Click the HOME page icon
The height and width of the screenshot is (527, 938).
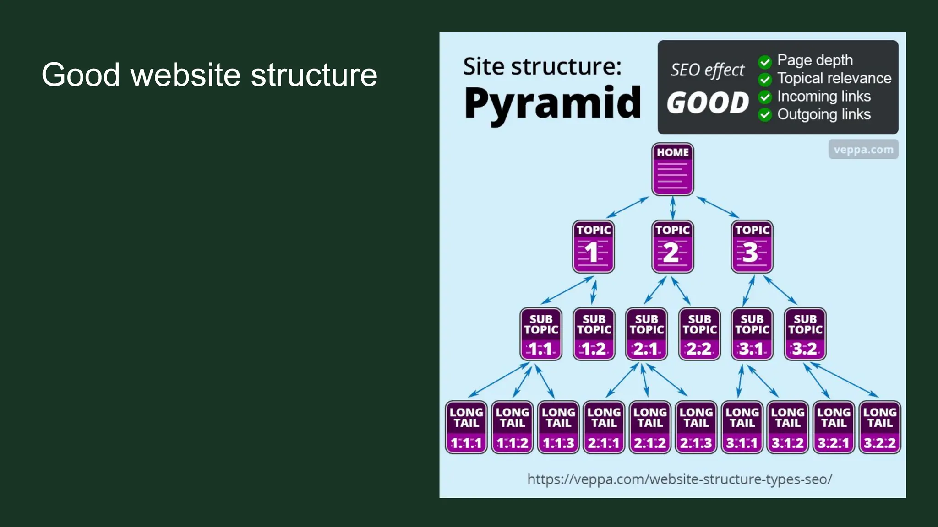tap(672, 169)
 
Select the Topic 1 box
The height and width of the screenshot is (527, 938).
tap(593, 247)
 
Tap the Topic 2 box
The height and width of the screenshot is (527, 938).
tap(672, 247)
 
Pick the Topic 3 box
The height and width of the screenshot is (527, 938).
tap(752, 247)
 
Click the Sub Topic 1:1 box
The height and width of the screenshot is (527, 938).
tap(541, 334)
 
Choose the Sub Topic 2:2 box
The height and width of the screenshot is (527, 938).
tap(699, 334)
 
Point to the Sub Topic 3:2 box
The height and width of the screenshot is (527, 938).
tap(805, 334)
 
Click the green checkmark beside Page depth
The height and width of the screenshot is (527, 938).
tap(765, 61)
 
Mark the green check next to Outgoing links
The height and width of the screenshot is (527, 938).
tap(765, 115)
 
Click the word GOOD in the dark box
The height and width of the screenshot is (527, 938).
tap(708, 102)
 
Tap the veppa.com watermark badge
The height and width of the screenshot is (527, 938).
tap(863, 150)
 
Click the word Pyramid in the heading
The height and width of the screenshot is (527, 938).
tap(552, 103)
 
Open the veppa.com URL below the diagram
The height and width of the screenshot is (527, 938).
tap(680, 479)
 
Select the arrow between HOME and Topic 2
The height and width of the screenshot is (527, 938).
tap(672, 208)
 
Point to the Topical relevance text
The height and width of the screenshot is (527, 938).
tap(834, 78)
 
